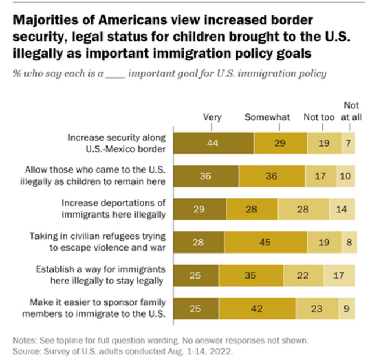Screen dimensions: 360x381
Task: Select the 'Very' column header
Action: (212, 117)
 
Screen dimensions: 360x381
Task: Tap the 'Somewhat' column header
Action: (267, 117)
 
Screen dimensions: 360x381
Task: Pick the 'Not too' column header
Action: (319, 117)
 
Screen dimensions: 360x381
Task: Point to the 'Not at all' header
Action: (351, 111)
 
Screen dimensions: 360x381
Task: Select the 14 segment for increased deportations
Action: (343, 208)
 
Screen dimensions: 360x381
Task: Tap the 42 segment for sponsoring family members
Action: (257, 308)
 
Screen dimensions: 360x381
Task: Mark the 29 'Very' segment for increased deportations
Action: (201, 208)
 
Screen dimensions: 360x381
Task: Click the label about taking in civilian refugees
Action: (98, 241)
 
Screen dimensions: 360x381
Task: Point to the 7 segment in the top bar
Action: (348, 142)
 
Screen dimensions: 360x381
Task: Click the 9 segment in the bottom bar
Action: (347, 308)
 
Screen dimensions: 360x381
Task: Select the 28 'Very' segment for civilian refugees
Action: (200, 241)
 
